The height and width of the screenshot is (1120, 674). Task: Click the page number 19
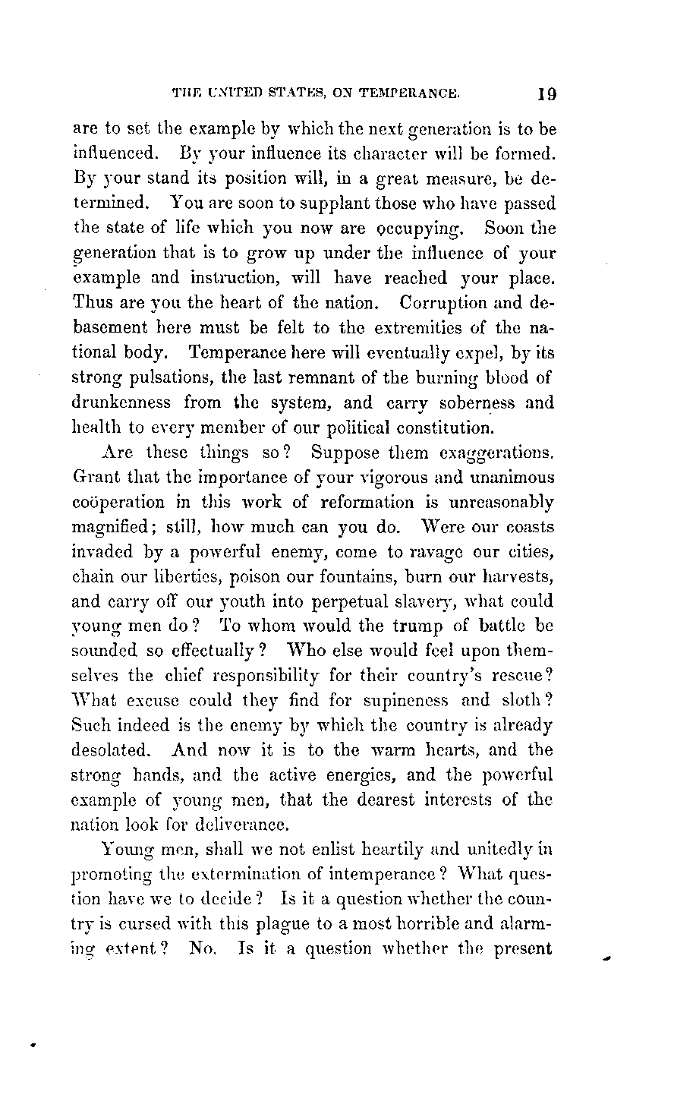pyautogui.click(x=546, y=95)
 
